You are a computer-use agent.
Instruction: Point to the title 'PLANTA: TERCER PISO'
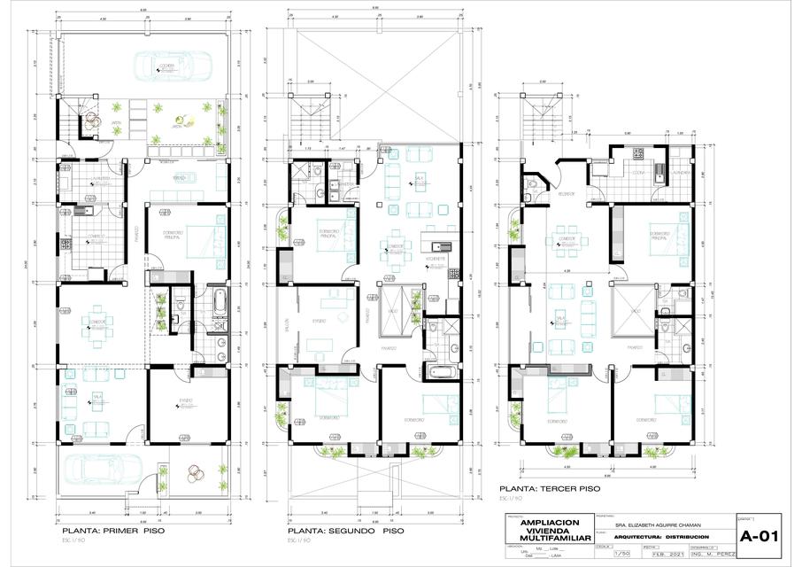coord(550,488)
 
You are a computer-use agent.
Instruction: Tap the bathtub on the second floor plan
coord(439,369)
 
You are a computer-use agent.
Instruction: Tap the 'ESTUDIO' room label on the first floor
coord(185,401)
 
